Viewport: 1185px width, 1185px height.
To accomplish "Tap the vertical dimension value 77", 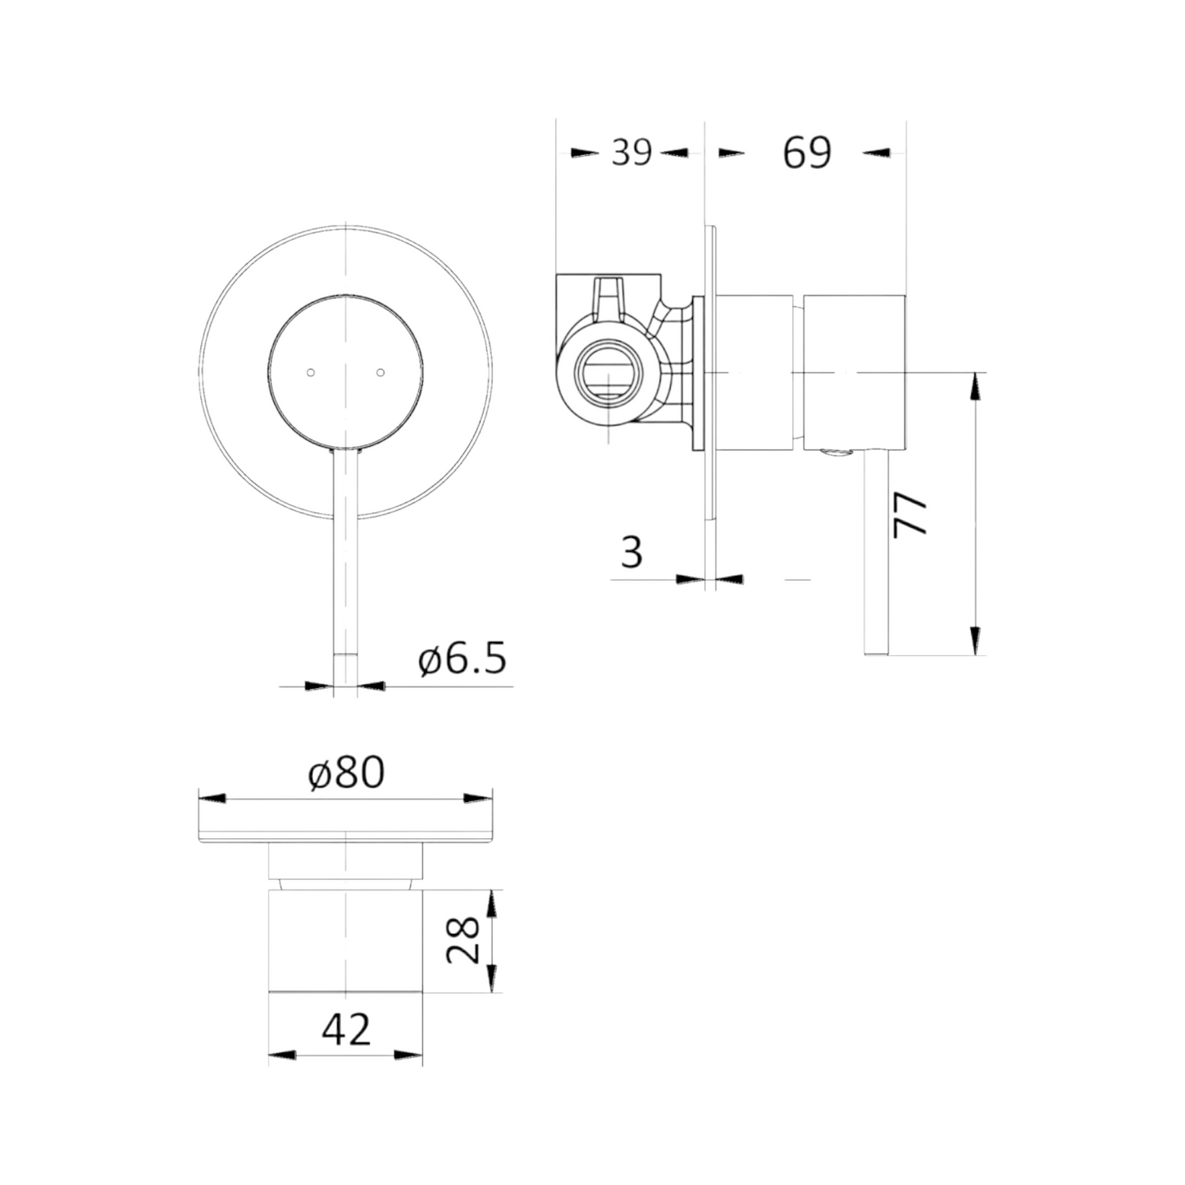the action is pyautogui.click(x=909, y=515).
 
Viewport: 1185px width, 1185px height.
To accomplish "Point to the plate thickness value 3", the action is pyautogui.click(x=631, y=551).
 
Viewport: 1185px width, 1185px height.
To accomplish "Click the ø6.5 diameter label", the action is pyautogui.click(x=463, y=659).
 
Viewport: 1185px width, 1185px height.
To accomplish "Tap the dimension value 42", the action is pyautogui.click(x=346, y=1029).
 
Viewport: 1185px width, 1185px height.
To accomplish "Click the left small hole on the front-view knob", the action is pyautogui.click(x=311, y=372).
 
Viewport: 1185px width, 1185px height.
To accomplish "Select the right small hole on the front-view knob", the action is pyautogui.click(x=381, y=372).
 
